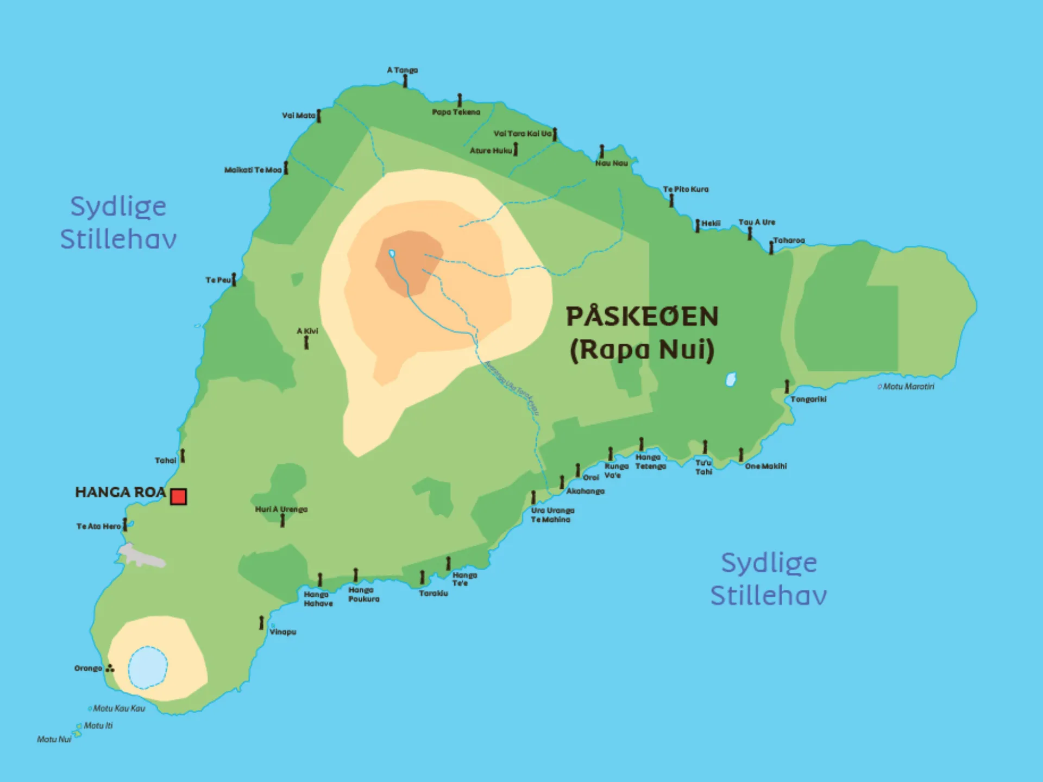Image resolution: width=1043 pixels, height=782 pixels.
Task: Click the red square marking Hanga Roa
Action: coord(178,496)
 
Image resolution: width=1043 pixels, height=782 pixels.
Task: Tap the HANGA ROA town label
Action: coord(120,493)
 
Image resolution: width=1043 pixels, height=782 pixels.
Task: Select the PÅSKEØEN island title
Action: coord(642,317)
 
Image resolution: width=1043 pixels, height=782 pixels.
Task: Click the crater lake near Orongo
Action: coord(147,667)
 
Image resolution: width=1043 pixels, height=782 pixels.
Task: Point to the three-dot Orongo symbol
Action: coord(110,669)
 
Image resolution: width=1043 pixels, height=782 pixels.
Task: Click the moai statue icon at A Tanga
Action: coord(405,81)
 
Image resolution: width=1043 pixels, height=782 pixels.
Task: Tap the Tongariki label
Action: coord(808,399)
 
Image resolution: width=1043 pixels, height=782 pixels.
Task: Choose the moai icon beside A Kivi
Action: coord(306,342)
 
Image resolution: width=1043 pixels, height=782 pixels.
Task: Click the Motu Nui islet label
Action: coord(54,739)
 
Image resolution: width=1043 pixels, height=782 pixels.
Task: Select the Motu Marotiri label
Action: coord(908,387)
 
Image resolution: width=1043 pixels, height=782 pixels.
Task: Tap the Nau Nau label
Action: coord(611,163)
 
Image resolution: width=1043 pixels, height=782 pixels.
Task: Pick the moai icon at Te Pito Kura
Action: coord(671,200)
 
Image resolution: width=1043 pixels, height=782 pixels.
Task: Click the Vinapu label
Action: coord(282,632)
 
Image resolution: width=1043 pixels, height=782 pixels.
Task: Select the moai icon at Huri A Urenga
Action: coord(282,520)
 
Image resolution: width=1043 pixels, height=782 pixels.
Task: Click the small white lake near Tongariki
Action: coord(731,379)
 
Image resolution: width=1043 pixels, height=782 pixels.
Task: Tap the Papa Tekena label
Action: coord(456,112)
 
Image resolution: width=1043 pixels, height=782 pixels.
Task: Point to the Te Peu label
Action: coord(218,280)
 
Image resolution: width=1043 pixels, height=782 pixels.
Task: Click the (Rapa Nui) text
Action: coord(642,350)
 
